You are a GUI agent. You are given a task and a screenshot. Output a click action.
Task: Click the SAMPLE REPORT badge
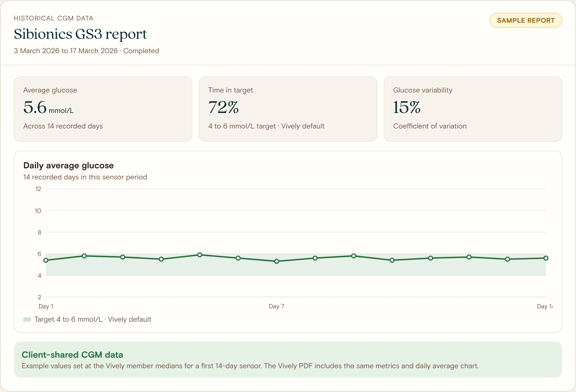526,20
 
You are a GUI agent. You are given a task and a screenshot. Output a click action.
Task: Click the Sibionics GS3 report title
80,34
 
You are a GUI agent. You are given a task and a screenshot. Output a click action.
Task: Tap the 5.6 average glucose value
35,107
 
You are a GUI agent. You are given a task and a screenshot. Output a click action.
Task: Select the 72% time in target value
223,107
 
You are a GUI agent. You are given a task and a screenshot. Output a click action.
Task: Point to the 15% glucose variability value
407,107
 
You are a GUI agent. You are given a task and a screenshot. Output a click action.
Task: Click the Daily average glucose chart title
68,165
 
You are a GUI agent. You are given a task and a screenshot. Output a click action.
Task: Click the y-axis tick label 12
38,189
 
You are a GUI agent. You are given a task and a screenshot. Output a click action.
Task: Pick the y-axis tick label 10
38,211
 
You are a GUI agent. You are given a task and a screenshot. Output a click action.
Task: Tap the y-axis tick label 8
39,232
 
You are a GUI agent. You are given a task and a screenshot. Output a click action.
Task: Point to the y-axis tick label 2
39,297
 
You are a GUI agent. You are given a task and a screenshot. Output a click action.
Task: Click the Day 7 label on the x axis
277,306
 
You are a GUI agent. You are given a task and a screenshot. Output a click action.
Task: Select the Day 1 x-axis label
46,306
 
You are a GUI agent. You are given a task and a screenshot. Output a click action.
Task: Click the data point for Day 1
46,260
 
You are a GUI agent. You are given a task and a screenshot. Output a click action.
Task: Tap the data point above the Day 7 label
277,261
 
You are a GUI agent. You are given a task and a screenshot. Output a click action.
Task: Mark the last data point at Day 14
546,258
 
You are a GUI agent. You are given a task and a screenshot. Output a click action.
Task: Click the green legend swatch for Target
27,319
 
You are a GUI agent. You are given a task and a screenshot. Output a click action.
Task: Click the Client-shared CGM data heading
72,355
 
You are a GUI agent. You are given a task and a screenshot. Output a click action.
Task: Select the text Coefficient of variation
430,126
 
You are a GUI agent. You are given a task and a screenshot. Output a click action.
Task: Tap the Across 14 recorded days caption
63,126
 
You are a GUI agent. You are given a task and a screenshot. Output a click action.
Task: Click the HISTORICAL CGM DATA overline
53,18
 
